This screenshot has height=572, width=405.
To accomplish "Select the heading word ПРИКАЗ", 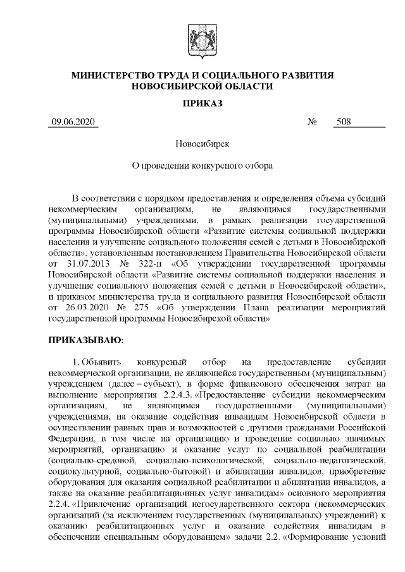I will [202, 103].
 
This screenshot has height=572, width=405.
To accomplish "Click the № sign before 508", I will [311, 123].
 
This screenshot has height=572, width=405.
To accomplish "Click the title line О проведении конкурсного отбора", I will [202, 167].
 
